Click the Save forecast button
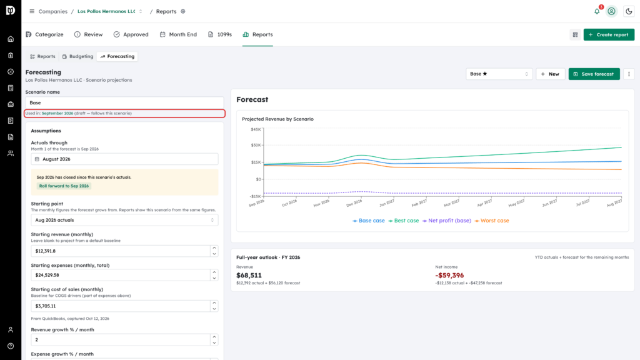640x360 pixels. click(594, 74)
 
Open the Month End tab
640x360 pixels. click(178, 35)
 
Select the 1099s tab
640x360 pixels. click(220, 35)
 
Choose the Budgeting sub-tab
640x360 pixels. click(78, 56)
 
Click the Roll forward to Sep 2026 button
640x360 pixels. click(64, 186)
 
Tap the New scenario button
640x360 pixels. click(550, 74)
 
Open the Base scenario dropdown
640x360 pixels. click(499, 74)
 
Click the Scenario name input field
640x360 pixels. click(124, 103)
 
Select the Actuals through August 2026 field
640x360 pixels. click(124, 159)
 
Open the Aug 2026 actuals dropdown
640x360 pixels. click(124, 220)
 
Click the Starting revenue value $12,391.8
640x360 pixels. click(45, 251)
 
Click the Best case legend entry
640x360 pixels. click(404, 221)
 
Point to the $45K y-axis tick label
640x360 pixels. click(256, 129)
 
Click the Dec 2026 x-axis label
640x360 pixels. click(354, 203)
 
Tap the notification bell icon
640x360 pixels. click(597, 11)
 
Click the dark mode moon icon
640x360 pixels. click(629, 11)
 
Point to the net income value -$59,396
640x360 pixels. click(449, 276)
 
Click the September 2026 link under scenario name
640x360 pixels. click(57, 114)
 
